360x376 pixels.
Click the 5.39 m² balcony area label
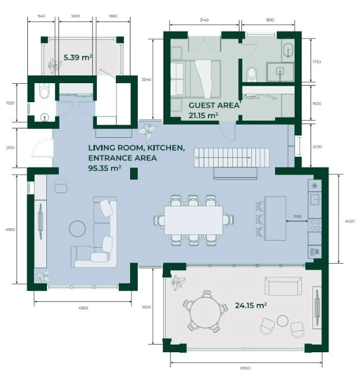pos(78,58)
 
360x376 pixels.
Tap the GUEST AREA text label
pos(214,105)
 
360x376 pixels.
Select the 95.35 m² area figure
pos(105,168)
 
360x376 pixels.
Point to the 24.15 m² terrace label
pos(251,305)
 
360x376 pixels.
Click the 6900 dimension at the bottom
pos(245,368)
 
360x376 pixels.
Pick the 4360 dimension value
pos(83,308)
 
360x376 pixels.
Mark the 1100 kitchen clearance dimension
pos(297,216)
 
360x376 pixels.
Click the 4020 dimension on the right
pos(349,221)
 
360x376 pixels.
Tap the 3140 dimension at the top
pos(204,20)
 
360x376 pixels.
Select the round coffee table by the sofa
pos(77,229)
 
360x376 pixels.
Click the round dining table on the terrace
pos(206,312)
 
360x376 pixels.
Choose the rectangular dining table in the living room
pos(194,220)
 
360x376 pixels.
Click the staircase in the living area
pos(232,157)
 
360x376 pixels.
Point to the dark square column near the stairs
pos(134,173)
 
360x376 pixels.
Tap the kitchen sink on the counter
pos(315,199)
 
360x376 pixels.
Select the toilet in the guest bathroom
pos(252,74)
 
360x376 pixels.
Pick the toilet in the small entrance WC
pos(44,91)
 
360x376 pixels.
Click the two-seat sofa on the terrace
pos(283,286)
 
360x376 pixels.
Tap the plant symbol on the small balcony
pos(54,65)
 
